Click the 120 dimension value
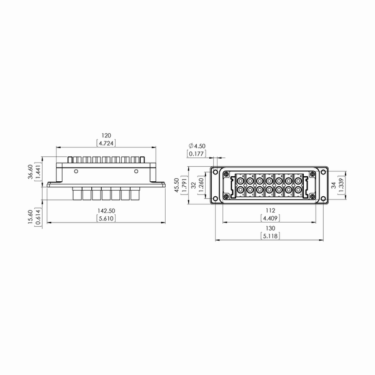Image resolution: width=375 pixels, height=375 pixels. click(x=106, y=136)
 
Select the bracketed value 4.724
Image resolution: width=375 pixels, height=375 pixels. click(x=106, y=143)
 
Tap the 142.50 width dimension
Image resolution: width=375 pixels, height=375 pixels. click(x=106, y=211)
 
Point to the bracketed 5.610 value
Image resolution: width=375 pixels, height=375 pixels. click(x=106, y=218)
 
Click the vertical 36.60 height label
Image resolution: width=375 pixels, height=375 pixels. click(x=31, y=172)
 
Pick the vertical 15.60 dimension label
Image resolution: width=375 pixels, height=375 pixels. click(x=31, y=217)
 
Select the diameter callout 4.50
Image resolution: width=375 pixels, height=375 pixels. click(x=197, y=146)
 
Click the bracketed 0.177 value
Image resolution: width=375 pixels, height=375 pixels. click(x=196, y=154)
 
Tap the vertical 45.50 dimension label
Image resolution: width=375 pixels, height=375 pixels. click(x=177, y=185)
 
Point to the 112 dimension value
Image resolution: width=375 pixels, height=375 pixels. click(x=270, y=211)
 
